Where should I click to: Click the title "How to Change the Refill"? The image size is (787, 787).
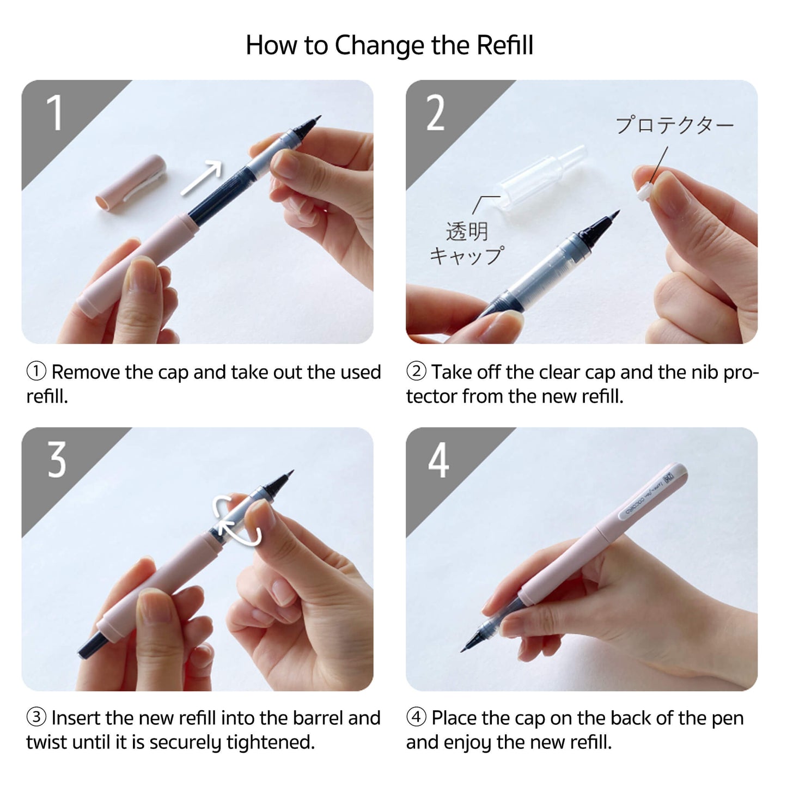point(389,45)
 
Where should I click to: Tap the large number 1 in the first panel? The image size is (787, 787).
point(54,113)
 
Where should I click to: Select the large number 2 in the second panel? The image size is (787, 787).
point(435,113)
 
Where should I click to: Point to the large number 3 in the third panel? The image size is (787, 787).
point(57,460)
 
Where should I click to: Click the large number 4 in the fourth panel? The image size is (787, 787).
point(438,460)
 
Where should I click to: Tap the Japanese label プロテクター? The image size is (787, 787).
point(674,125)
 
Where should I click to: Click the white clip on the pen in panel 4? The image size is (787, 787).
point(651,493)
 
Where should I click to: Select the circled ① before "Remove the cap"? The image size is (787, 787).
point(36,372)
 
